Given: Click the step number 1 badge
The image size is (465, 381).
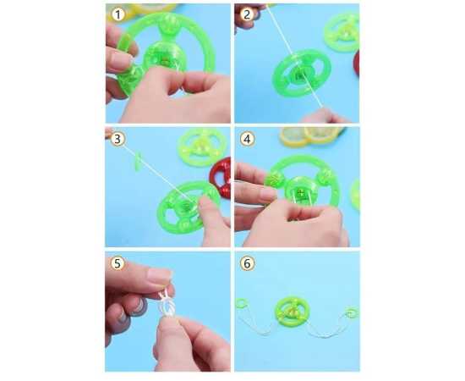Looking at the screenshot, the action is coord(118,14).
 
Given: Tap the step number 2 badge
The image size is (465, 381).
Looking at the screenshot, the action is coord(247,14).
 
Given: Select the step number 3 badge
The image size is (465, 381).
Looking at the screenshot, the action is coord(118,139).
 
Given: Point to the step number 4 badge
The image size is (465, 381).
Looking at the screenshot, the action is coord(248,139).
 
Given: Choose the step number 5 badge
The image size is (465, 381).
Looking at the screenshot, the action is coord(118,263).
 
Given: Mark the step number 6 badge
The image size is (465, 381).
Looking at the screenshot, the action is coord(248,263).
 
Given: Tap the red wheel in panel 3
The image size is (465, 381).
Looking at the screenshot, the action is coord(221,178).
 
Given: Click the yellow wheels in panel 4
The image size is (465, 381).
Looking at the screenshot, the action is coord(310,136).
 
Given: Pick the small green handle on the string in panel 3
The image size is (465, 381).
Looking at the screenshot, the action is coord(138,162).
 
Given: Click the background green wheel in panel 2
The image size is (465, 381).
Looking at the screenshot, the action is coord(342,33).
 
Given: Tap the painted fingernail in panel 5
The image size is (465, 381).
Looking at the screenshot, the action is coord(159,276).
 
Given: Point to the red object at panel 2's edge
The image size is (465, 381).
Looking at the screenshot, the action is coord(357,63).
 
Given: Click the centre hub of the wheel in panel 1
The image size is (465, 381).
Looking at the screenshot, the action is coord(163,57).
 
